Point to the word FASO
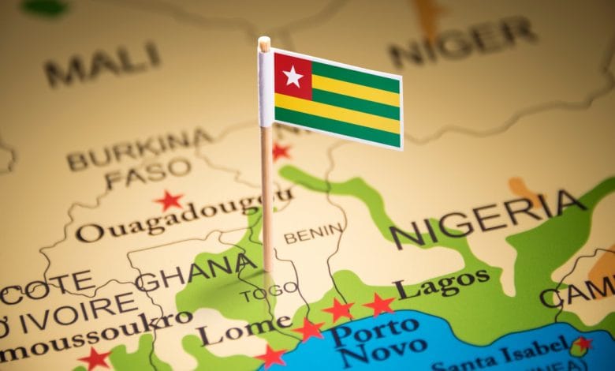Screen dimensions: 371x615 [148, 174]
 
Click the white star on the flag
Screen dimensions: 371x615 [293, 76]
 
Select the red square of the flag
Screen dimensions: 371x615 [293, 77]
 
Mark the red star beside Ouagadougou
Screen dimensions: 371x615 [169, 200]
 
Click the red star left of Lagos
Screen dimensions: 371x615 [378, 304]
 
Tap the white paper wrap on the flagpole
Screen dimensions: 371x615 [265, 87]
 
